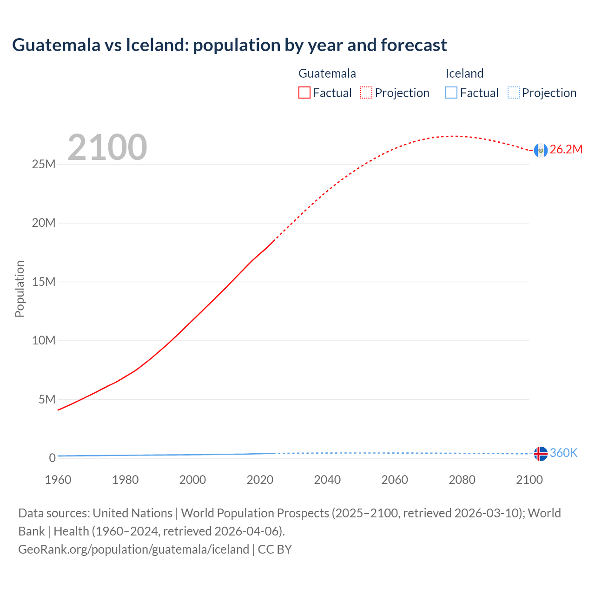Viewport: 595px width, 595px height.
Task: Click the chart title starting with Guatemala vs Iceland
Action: (x=229, y=45)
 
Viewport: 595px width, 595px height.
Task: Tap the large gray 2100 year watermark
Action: (x=107, y=147)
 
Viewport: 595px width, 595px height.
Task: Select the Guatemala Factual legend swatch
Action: (x=304, y=93)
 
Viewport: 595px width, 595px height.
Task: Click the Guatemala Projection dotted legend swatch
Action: (x=366, y=93)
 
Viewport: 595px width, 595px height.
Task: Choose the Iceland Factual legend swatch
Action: (x=451, y=93)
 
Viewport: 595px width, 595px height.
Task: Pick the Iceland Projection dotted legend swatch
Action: (x=513, y=93)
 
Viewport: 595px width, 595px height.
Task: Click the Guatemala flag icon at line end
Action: (x=541, y=150)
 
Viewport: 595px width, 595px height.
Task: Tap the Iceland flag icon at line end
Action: (x=541, y=453)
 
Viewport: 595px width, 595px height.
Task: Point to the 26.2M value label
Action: (x=566, y=149)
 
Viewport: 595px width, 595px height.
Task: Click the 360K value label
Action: (x=563, y=453)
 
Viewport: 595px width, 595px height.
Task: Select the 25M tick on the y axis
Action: (x=44, y=164)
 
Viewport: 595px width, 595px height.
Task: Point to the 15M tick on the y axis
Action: (x=44, y=282)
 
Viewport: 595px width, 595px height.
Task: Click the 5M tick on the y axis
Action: (x=47, y=399)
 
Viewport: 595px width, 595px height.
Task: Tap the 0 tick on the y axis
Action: (x=52, y=458)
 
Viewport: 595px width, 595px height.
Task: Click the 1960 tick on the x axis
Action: (x=58, y=480)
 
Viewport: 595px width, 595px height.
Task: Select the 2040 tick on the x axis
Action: (x=327, y=480)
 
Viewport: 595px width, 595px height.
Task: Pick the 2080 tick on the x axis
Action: (x=462, y=480)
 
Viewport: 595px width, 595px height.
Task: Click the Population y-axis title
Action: (x=20, y=289)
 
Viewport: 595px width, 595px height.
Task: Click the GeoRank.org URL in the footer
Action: (x=133, y=549)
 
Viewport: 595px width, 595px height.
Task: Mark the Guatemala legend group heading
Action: (x=327, y=73)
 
